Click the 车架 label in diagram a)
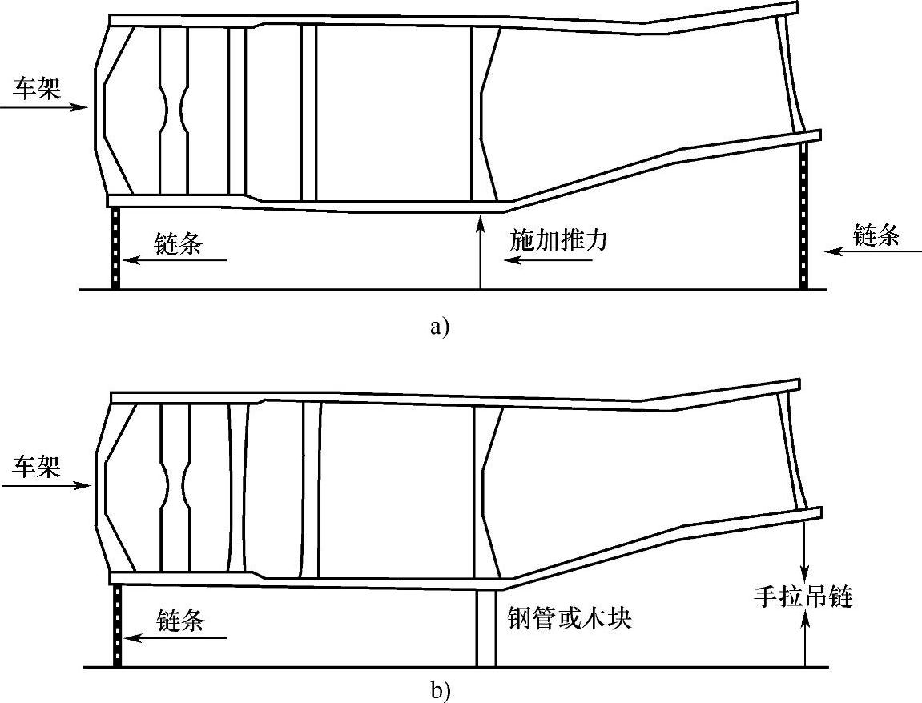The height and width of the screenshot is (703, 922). click(36, 88)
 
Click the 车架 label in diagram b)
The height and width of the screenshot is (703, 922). click(36, 466)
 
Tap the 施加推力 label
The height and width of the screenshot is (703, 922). click(558, 239)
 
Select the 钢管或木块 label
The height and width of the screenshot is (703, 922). click(570, 617)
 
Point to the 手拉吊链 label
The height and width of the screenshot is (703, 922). click(803, 596)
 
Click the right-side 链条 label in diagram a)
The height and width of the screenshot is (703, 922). click(877, 235)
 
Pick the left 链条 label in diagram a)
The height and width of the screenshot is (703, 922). click(179, 244)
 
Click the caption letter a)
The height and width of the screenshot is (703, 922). click(440, 327)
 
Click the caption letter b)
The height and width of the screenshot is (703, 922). click(440, 689)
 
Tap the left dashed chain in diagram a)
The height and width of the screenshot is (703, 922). click(115, 248)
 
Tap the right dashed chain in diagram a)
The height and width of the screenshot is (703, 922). click(803, 216)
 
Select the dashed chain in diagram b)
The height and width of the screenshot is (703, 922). click(117, 625)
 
